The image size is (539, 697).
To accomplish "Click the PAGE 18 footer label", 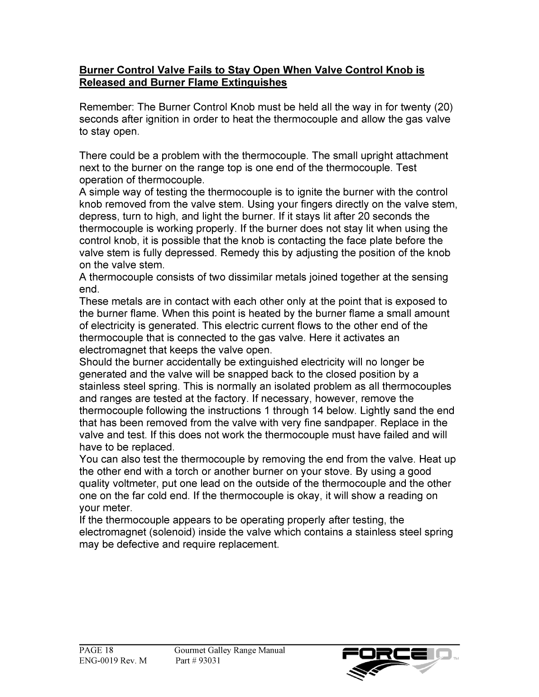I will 96,650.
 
